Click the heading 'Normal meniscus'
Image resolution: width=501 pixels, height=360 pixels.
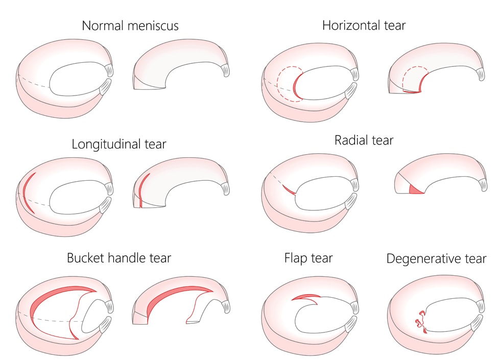click(x=130, y=25)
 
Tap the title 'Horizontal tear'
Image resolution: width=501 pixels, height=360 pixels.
click(x=364, y=25)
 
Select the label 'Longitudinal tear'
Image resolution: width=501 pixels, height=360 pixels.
click(x=118, y=144)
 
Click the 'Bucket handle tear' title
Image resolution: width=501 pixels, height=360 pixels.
click(x=118, y=258)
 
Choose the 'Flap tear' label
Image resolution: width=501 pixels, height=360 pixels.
click(x=308, y=258)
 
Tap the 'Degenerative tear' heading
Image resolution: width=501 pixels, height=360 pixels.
click(x=436, y=258)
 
